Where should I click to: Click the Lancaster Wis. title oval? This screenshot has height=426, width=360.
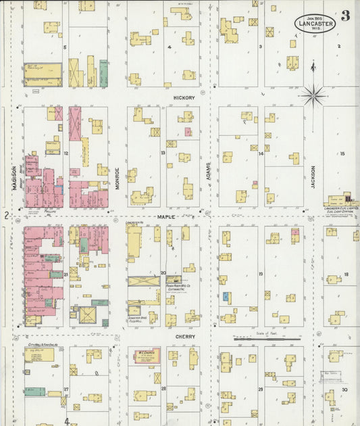(x=314, y=24)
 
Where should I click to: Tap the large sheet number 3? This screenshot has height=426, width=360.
(x=345, y=16)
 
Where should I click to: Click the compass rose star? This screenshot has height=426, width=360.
(x=313, y=95)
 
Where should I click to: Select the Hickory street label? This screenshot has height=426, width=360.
(x=184, y=98)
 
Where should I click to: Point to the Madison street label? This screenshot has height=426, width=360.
(x=14, y=176)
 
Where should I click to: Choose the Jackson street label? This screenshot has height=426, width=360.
(x=313, y=176)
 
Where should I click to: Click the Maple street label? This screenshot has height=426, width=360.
(x=166, y=216)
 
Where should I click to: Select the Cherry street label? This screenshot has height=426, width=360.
(x=184, y=336)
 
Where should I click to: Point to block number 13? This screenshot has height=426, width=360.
(x=163, y=153)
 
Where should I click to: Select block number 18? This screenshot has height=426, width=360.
(x=346, y=274)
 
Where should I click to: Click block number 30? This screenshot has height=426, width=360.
(x=344, y=390)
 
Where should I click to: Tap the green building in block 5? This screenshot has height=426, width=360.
(x=103, y=72)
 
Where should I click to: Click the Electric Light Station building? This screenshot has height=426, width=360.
(x=342, y=201)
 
